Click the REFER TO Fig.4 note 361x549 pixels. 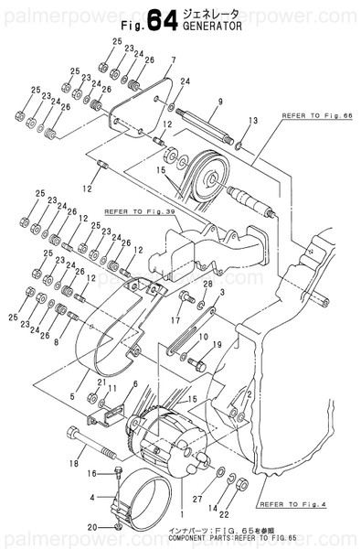pos(292,504)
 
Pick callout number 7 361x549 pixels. pos(170,60)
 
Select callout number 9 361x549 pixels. pos(220,102)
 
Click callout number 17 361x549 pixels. pos(174,321)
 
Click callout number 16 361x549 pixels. pos(91,473)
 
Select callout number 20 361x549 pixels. pos(91,528)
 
